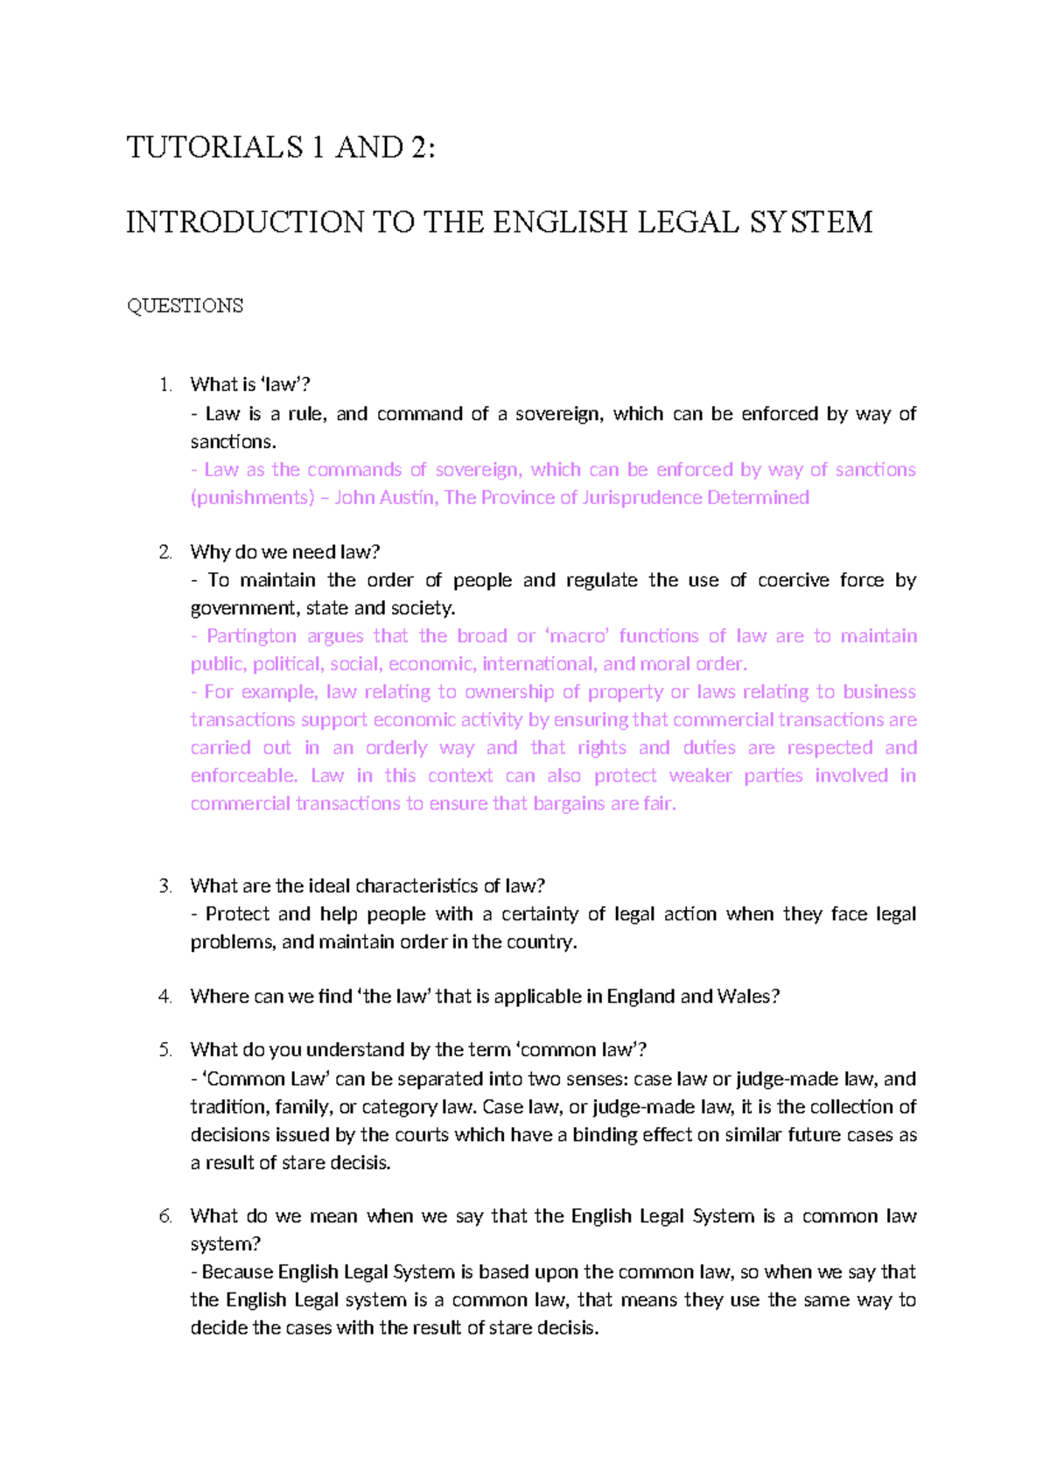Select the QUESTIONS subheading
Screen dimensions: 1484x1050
pos(185,306)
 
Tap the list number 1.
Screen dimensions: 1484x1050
pos(164,385)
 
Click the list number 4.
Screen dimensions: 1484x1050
pos(164,997)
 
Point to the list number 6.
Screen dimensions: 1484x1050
pos(164,1216)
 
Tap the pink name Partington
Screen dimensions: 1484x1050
pos(252,636)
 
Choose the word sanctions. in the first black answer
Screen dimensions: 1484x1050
pos(233,442)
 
